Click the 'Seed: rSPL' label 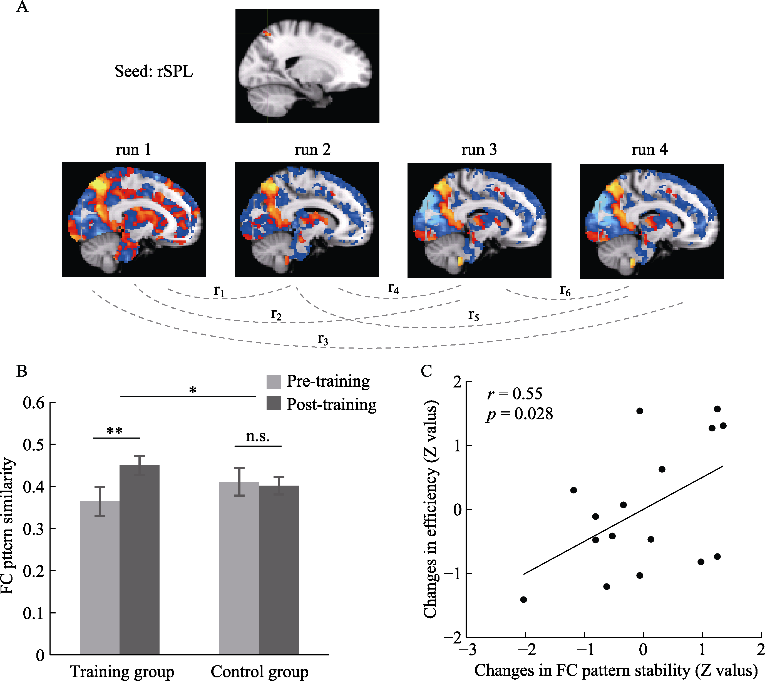pos(153,71)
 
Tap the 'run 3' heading pos(479,150)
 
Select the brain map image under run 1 pos(134,219)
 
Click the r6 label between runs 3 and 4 pos(565,290)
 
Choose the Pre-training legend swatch pos(273,382)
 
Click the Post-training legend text pos(332,404)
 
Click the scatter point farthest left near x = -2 pos(524,600)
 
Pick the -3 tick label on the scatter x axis pos(468,650)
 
